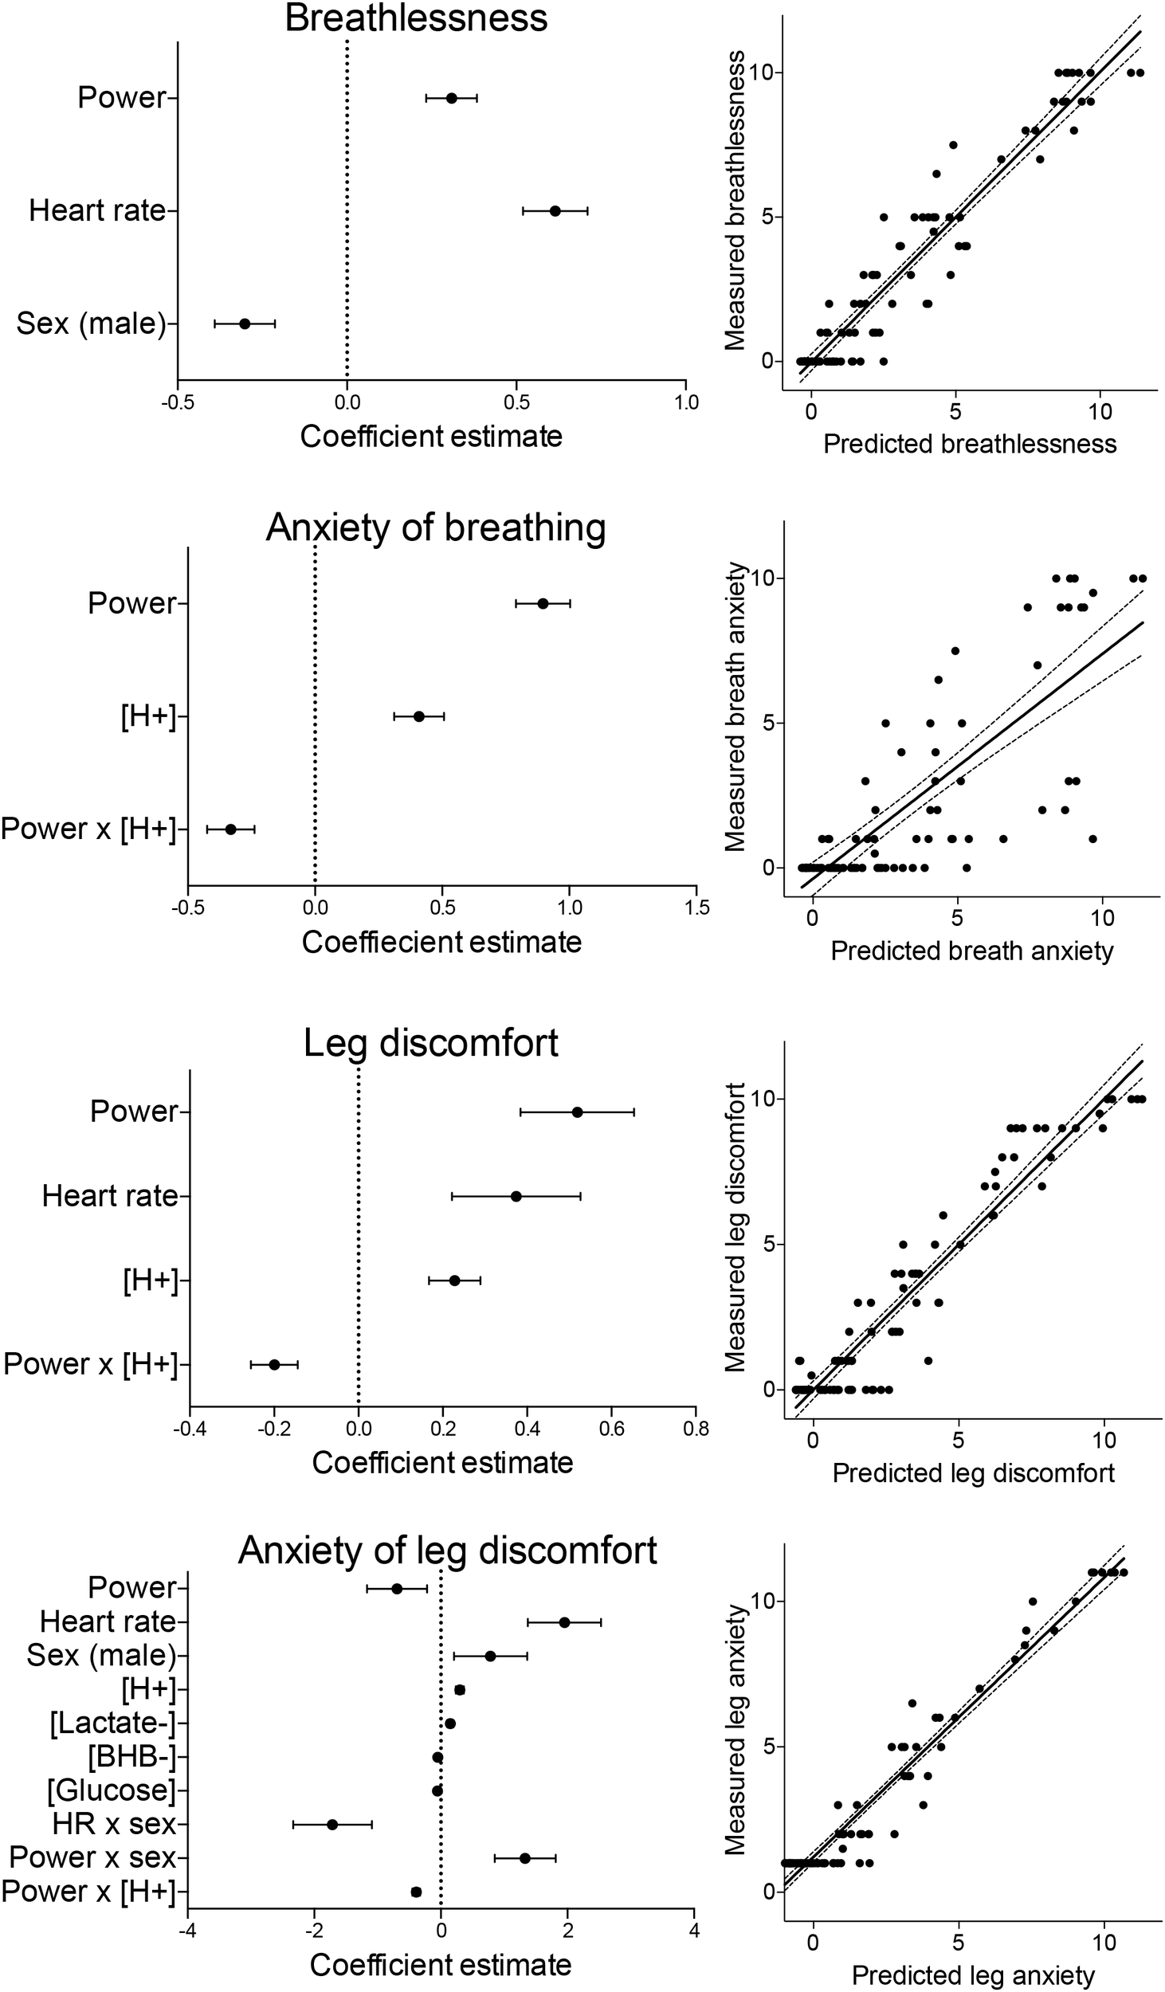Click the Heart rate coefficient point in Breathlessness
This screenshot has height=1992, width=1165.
point(555,211)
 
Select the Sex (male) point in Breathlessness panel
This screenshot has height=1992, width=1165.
point(245,324)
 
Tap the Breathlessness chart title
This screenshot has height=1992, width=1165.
point(416,18)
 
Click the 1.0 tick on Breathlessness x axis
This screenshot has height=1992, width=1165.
point(686,402)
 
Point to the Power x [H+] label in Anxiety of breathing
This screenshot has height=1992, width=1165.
point(88,829)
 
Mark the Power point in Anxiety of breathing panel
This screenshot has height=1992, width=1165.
point(543,603)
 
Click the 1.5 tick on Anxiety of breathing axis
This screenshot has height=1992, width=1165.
point(696,908)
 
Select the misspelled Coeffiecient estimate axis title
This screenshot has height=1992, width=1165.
point(441,943)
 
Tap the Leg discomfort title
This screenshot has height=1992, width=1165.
point(431,1043)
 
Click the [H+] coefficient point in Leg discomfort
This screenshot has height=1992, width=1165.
point(455,1280)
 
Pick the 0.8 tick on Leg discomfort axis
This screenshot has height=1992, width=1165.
point(696,1429)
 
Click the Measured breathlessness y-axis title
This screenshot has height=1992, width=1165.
point(735,201)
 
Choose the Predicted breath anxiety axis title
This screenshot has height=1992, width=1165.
point(971,951)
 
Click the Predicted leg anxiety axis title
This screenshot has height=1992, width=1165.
point(973,1969)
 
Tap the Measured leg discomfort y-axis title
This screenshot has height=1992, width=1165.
point(735,1227)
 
